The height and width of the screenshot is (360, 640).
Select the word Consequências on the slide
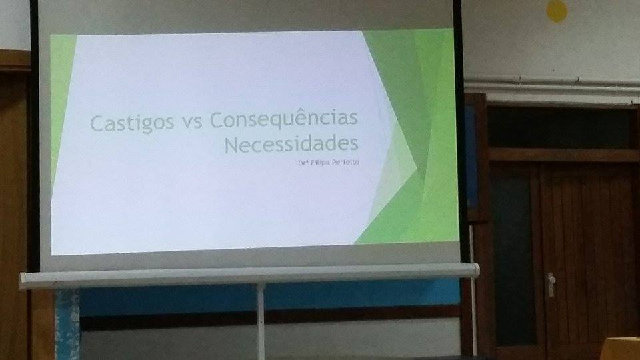(284, 121)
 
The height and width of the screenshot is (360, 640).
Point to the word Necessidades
(291, 145)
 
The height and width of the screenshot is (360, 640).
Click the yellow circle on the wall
(557, 10)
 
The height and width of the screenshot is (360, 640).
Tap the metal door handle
(551, 283)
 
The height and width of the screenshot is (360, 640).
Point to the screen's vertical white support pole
(261, 320)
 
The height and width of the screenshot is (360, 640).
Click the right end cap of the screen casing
(475, 269)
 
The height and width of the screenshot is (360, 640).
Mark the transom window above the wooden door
(563, 127)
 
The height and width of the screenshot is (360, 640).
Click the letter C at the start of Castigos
(96, 123)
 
